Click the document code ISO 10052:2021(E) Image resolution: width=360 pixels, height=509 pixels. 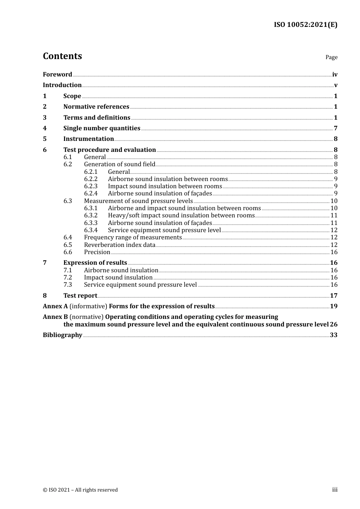pyautogui.click(x=305, y=25)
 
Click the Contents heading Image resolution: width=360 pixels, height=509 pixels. pyautogui.click(x=62, y=56)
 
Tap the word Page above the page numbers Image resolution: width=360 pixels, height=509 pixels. pyautogui.click(x=331, y=57)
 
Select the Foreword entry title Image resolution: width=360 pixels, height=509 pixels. pyautogui.click(x=57, y=75)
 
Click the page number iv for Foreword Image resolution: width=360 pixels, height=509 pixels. pyautogui.click(x=335, y=75)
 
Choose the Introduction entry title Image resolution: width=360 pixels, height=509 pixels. pyautogui.click(x=62, y=85)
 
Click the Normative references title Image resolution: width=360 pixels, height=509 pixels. pyautogui.click(x=96, y=107)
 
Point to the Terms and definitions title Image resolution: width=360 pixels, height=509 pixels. pyautogui.click(x=97, y=118)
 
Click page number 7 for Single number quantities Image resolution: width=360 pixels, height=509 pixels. pyautogui.click(x=335, y=128)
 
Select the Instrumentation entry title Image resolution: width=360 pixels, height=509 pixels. pyautogui.click(x=89, y=139)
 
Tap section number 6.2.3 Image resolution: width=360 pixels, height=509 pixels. pyautogui.click(x=91, y=186)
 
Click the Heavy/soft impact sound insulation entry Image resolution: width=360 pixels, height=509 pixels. pyautogui.click(x=181, y=215)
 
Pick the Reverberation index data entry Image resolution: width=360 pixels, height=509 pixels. pyautogui.click(x=120, y=245)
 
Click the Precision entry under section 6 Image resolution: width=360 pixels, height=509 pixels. pyautogui.click(x=97, y=252)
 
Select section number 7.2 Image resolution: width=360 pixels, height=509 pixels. pyautogui.click(x=67, y=278)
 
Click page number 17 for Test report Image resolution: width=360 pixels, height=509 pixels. pyautogui.click(x=333, y=296)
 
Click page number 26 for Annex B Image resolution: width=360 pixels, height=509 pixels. pyautogui.click(x=333, y=325)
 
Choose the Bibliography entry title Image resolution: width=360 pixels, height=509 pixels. pyautogui.click(x=63, y=335)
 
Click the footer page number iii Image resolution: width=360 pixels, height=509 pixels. pyautogui.click(x=335, y=490)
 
